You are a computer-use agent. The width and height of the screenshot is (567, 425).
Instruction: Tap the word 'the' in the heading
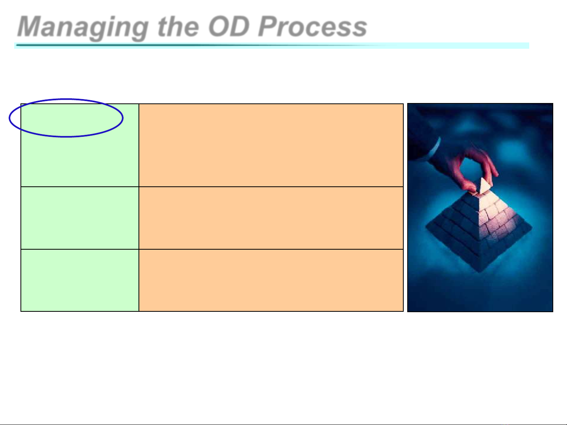pos(179,26)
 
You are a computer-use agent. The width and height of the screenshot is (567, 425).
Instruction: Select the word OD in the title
pos(229,26)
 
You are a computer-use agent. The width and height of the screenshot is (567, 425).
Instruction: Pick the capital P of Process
pos(269,26)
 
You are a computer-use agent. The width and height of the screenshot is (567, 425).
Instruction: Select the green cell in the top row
pos(80,145)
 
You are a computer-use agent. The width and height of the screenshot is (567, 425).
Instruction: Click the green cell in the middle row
pos(80,218)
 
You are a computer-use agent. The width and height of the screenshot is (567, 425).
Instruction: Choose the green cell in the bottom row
pos(80,280)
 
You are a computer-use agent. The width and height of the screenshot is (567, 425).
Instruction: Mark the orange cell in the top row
pos(271,145)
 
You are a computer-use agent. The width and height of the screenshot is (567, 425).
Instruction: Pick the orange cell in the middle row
pos(271,218)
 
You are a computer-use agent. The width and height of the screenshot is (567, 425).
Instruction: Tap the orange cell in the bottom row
pos(271,280)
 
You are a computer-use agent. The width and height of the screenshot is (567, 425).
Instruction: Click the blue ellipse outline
pos(66,99)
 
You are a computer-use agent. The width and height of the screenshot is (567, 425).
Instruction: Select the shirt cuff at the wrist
pos(434,148)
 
